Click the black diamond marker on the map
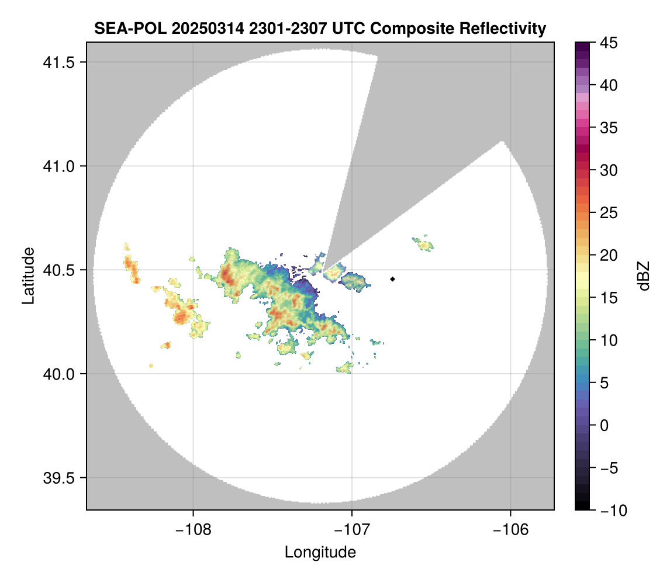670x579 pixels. (x=393, y=279)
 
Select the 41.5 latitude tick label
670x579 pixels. (x=59, y=63)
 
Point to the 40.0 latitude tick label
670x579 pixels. (x=59, y=374)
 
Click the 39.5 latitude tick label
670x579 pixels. (x=59, y=478)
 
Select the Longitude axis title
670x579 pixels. (x=320, y=552)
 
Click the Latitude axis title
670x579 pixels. (x=27, y=275)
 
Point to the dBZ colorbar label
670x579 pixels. (x=644, y=276)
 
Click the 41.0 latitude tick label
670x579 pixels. (x=59, y=166)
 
